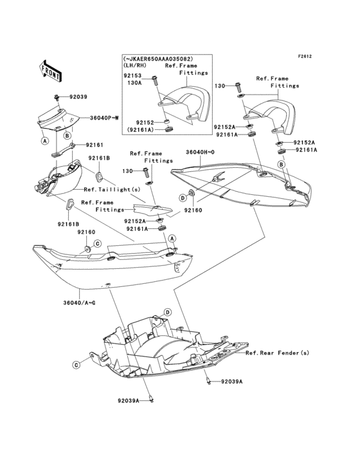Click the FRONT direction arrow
pyautogui.click(x=51, y=71)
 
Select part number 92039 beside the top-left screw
pyautogui.click(x=78, y=97)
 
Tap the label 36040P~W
pyautogui.click(x=104, y=118)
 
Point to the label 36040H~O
pyautogui.click(x=200, y=152)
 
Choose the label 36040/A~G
pyautogui.click(x=79, y=302)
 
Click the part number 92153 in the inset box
pyautogui.click(x=132, y=76)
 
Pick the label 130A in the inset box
pyautogui.click(x=134, y=83)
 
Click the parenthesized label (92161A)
pyautogui.click(x=140, y=130)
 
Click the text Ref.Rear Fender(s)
pyautogui.click(x=277, y=353)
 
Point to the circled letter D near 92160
pyautogui.click(x=183, y=198)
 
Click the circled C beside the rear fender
pyautogui.click(x=76, y=365)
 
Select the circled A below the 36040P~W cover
pyautogui.click(x=45, y=140)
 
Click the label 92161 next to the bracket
pyautogui.click(x=94, y=145)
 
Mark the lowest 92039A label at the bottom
pyautogui.click(x=129, y=401)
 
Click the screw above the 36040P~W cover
pyautogui.click(x=57, y=97)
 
